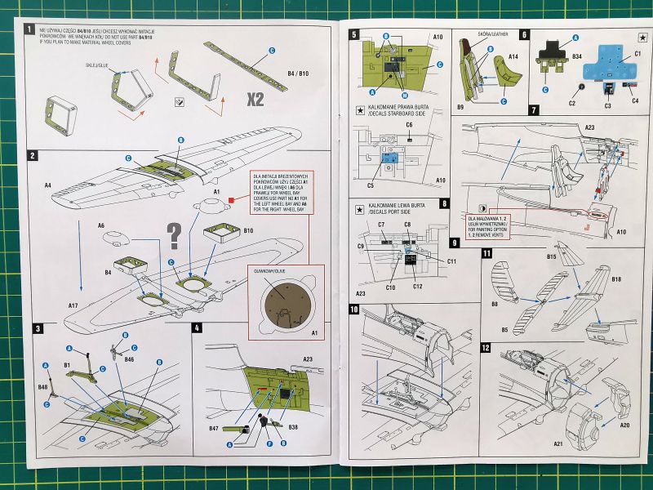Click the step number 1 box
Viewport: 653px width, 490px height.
click(30, 30)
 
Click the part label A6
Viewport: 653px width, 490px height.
click(101, 224)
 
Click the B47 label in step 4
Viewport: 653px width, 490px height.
click(213, 427)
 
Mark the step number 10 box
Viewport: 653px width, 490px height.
click(354, 310)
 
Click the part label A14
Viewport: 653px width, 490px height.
click(513, 58)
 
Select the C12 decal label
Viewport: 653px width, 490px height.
click(417, 286)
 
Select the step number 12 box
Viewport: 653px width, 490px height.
click(486, 347)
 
